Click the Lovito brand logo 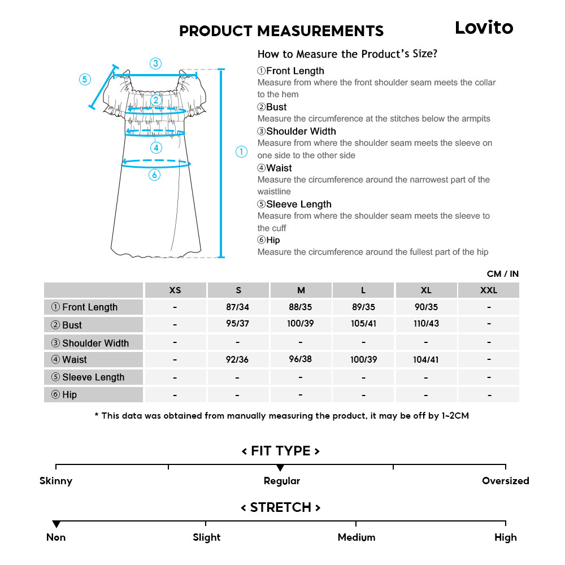484,28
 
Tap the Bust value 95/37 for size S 238,324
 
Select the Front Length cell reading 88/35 301,307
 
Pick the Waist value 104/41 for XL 425,359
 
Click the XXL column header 488,290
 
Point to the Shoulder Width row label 90,343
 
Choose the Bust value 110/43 425,324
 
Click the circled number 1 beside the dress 241,151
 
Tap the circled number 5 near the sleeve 85,79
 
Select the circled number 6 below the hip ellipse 155,175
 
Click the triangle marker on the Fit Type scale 280,468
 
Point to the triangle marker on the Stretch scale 56,524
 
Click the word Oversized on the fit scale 505,481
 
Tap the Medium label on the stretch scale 356,537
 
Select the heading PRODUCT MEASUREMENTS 281,31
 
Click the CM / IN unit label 502,273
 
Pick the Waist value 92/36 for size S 237,359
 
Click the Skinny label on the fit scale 56,481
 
